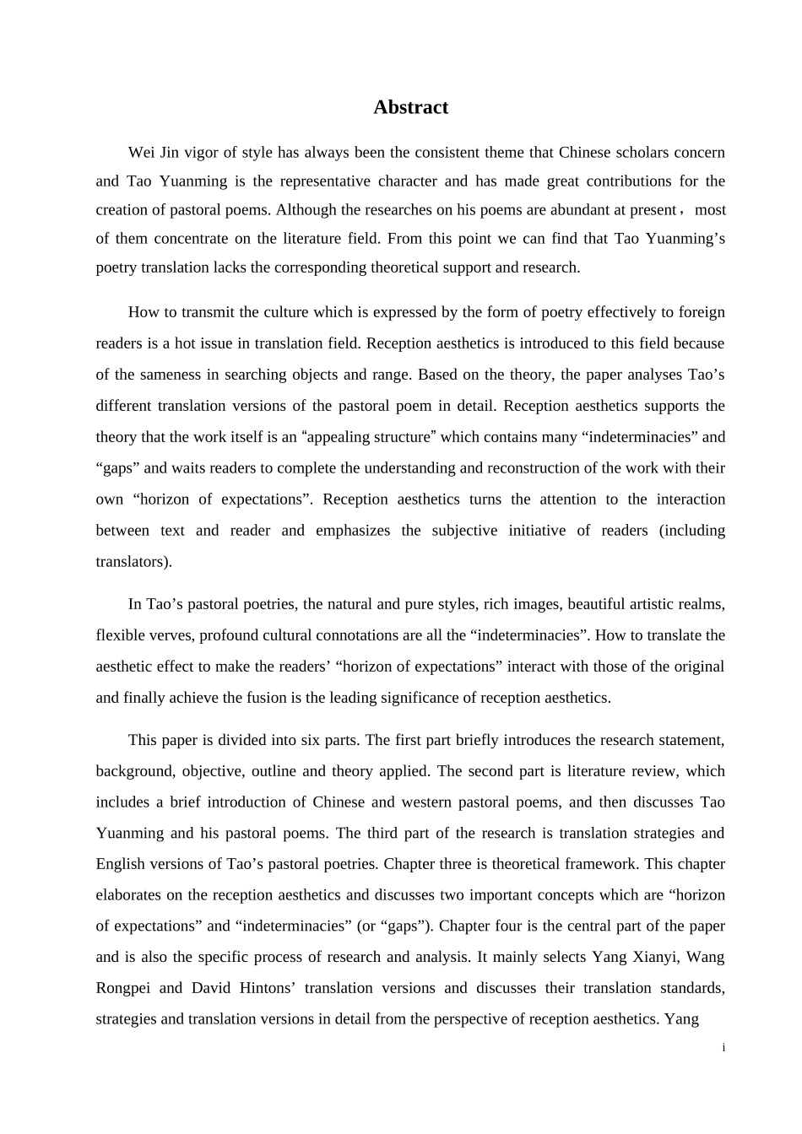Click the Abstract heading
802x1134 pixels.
410,107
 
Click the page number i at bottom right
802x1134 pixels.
723,1048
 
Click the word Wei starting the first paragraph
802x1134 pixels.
141,153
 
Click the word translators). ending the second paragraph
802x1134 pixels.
133,561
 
